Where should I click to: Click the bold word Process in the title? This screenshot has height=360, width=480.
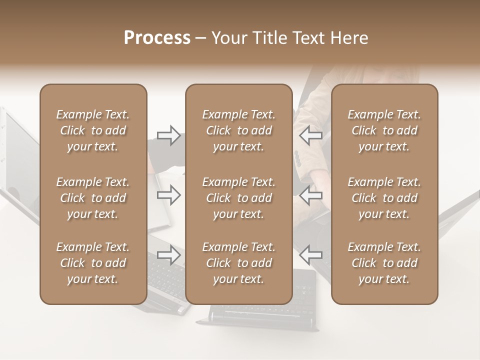point(157,38)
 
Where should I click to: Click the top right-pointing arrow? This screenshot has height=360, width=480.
point(168,135)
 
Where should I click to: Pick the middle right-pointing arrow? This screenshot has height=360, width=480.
point(168,195)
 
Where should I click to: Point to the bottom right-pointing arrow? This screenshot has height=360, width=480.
point(168,255)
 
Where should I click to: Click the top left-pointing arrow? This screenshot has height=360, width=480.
point(310,135)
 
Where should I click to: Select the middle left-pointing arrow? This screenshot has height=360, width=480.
point(310,195)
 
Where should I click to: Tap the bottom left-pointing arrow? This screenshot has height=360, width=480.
point(310,255)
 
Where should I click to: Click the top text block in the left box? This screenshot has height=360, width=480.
point(93,130)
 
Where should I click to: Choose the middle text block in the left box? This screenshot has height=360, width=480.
point(93,198)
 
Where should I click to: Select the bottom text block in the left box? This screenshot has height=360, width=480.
point(93,263)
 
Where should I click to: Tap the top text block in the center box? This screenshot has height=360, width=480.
point(239,130)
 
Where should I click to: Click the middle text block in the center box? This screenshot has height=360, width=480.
point(239,198)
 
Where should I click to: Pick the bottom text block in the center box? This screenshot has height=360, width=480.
point(239,263)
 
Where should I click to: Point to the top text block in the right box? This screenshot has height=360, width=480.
point(384,130)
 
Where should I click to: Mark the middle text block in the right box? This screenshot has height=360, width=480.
point(384,198)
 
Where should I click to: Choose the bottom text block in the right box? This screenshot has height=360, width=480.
point(384,263)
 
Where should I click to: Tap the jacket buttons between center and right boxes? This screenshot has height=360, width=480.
point(297,159)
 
